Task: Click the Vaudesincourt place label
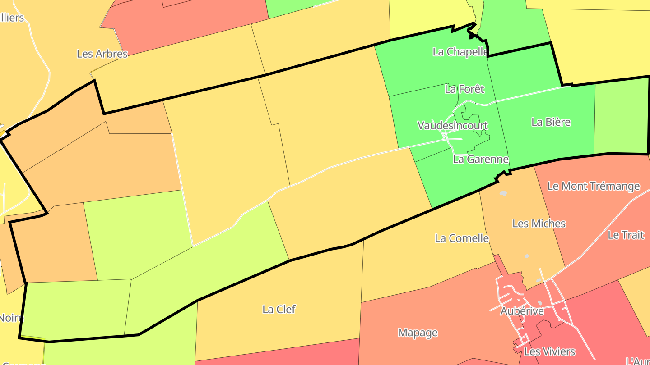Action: (453, 125)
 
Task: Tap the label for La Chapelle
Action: (460, 52)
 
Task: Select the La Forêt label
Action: (464, 89)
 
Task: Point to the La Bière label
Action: (551, 122)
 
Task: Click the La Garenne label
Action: (481, 159)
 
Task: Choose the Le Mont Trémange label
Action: (594, 186)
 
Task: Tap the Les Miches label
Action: (539, 224)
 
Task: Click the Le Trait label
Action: (626, 235)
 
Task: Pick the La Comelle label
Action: (462, 238)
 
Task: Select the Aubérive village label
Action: (522, 311)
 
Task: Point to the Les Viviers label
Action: (549, 351)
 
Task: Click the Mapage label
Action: (418, 333)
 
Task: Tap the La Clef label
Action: (279, 310)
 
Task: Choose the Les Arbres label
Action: (102, 54)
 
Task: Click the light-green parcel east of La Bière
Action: (621, 117)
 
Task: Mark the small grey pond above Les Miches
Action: (503, 193)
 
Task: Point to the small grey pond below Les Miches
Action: (527, 256)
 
